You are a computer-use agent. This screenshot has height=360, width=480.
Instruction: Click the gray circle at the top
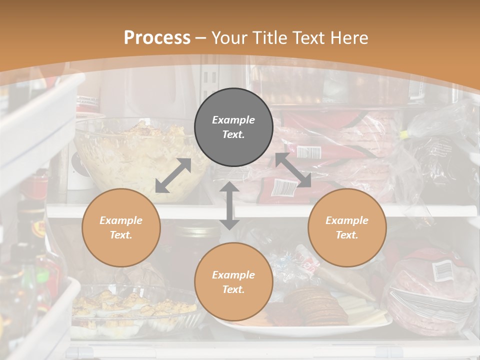[233, 127]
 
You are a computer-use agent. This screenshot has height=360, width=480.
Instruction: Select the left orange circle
[121, 227]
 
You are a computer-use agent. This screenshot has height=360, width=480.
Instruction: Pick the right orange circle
[347, 227]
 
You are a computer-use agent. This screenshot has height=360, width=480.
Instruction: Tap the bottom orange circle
[233, 282]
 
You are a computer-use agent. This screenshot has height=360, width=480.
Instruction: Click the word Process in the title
[157, 38]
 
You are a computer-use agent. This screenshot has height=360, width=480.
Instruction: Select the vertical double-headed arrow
[229, 205]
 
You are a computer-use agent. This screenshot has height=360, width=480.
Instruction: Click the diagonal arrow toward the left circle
[173, 175]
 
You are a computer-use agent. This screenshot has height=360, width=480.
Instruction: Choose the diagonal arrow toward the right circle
[293, 170]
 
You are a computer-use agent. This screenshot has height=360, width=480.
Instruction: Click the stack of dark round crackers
[315, 305]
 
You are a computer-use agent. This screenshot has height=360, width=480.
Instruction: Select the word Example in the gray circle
[233, 120]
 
